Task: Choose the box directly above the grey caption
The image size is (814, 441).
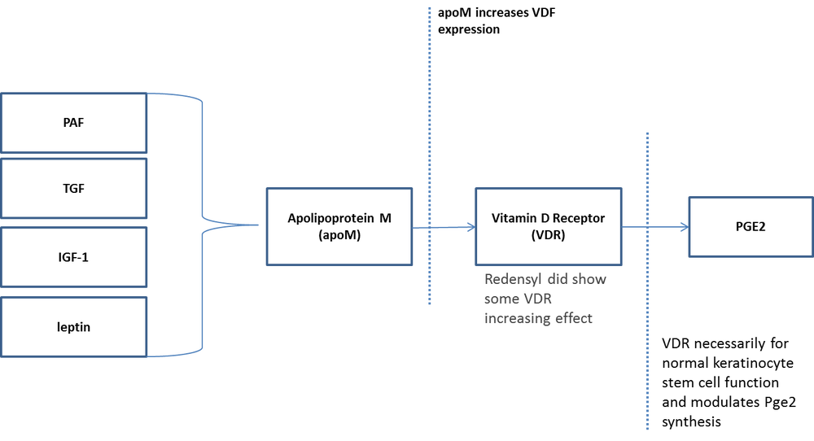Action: (x=549, y=225)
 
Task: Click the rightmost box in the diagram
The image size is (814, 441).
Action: (x=750, y=226)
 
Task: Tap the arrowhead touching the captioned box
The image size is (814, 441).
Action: (x=470, y=228)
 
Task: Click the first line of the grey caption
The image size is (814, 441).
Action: (x=546, y=279)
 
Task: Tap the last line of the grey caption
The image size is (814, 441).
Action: (x=539, y=320)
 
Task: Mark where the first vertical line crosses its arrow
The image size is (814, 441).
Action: (x=430, y=228)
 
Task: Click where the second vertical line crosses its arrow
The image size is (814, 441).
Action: (x=647, y=228)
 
